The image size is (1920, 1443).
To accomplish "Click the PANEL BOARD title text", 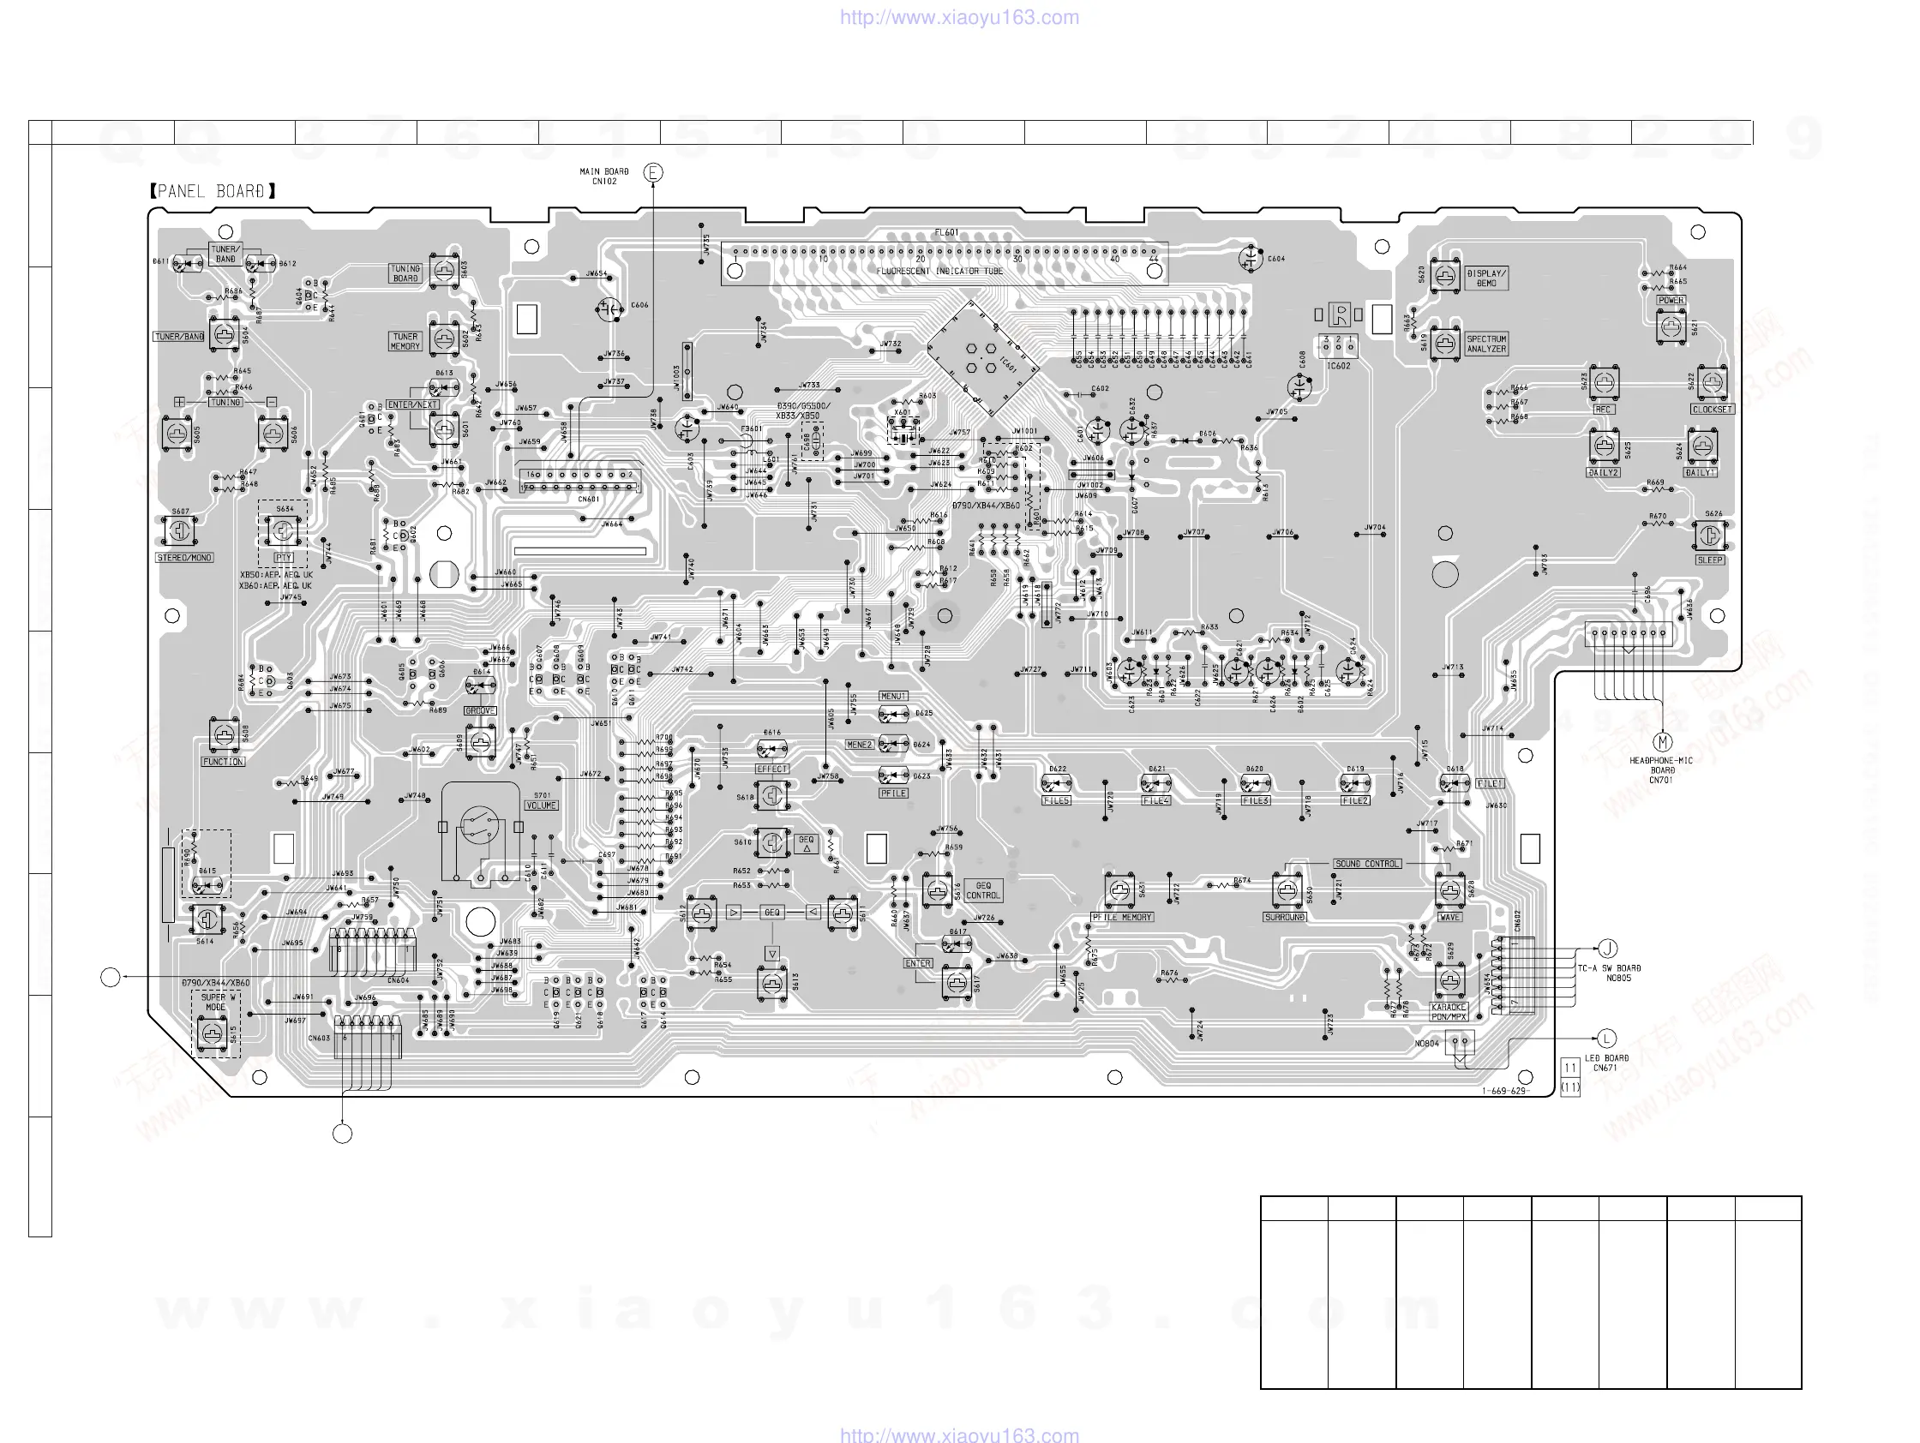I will coord(212,191).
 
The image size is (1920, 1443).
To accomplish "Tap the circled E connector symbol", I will coord(653,173).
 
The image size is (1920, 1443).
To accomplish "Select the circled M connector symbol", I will coord(1662,742).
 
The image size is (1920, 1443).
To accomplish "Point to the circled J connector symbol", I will coord(1607,949).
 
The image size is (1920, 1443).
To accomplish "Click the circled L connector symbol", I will coord(1606,1039).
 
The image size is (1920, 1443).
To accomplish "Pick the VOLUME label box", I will coord(542,805).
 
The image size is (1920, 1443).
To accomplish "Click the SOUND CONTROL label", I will coord(1367,864).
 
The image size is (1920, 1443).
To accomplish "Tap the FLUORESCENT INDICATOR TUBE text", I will coord(939,272).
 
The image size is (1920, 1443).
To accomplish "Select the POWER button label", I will coord(1671,300).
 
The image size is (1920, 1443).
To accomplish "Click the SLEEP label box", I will coord(1710,560).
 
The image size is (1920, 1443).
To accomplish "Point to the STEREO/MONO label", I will coord(184,558).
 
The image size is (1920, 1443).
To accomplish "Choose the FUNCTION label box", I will coord(223,762).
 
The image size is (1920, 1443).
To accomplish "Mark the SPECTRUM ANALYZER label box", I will coord(1486,344).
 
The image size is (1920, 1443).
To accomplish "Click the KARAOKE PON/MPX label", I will coord(1449,1012).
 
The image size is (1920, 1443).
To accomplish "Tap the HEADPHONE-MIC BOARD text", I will coord(1660,769).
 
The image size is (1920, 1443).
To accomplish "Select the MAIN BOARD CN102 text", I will coord(604,177).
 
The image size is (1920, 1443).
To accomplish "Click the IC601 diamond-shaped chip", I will coord(982,357).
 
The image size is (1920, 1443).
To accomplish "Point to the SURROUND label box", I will coord(1285,917).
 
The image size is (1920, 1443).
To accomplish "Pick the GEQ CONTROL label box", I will coord(982,890).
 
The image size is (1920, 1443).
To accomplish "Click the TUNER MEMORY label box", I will coord(405,341).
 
